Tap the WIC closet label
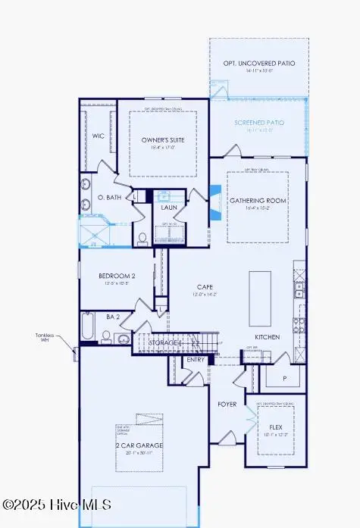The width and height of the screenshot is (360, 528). (99, 136)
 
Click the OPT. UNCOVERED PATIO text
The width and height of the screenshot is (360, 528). (259, 64)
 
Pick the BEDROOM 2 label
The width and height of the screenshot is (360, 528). (117, 276)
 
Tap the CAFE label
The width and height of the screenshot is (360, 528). (205, 286)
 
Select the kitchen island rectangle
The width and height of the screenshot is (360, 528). (260, 290)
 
